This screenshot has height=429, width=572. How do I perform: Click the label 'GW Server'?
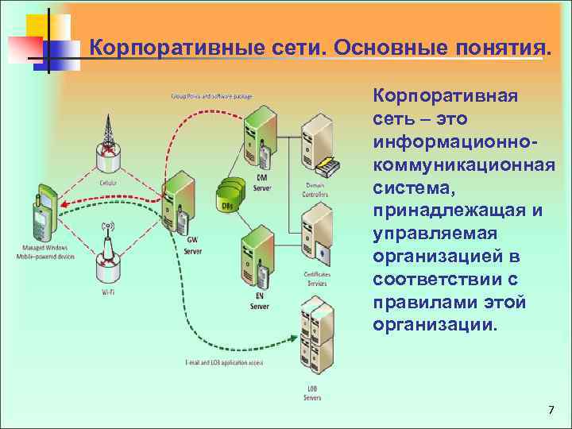(192, 246)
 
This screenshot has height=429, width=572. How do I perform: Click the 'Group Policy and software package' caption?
(211, 97)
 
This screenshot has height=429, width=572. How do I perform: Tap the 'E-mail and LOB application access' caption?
(225, 363)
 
